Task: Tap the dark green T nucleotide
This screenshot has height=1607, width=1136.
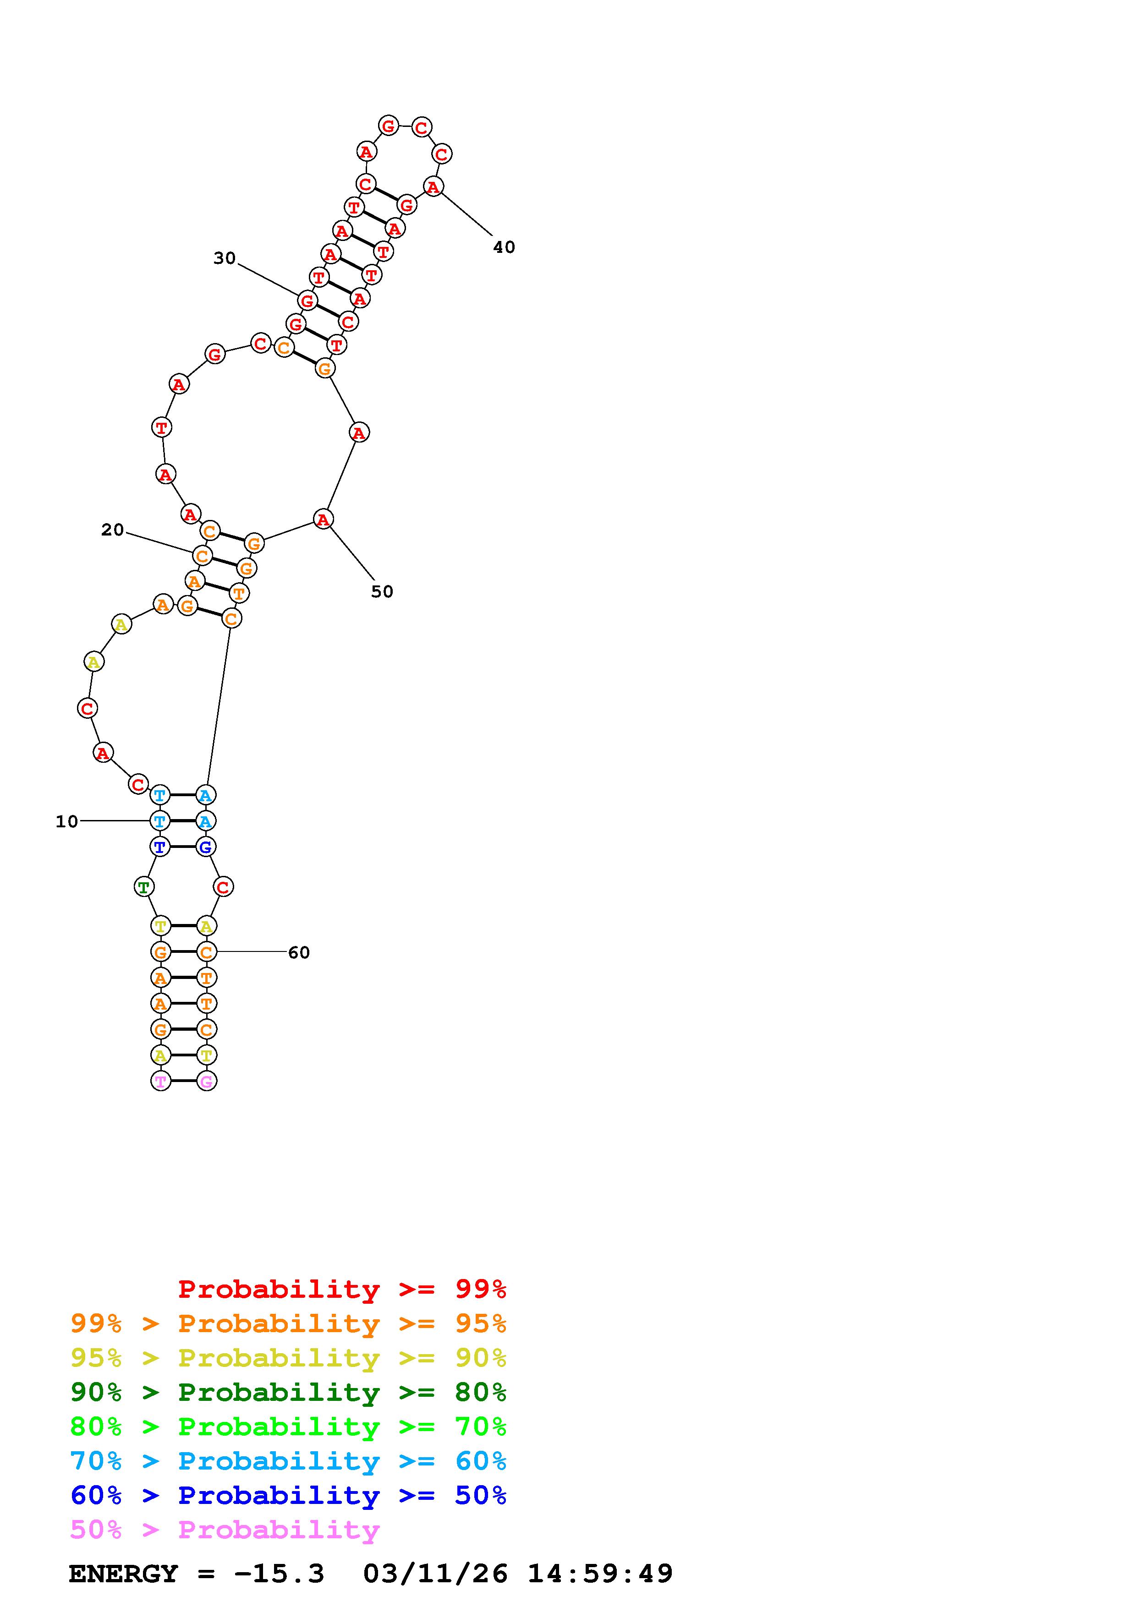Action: click(x=143, y=887)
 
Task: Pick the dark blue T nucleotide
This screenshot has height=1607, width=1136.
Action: click(x=160, y=847)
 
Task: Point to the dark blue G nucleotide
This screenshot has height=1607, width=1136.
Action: click(x=205, y=847)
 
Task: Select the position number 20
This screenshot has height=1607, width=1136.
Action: click(x=113, y=530)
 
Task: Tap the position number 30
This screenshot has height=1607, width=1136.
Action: click(x=225, y=258)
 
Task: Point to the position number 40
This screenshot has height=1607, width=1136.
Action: click(x=504, y=247)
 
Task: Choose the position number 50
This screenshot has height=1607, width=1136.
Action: click(x=382, y=591)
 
